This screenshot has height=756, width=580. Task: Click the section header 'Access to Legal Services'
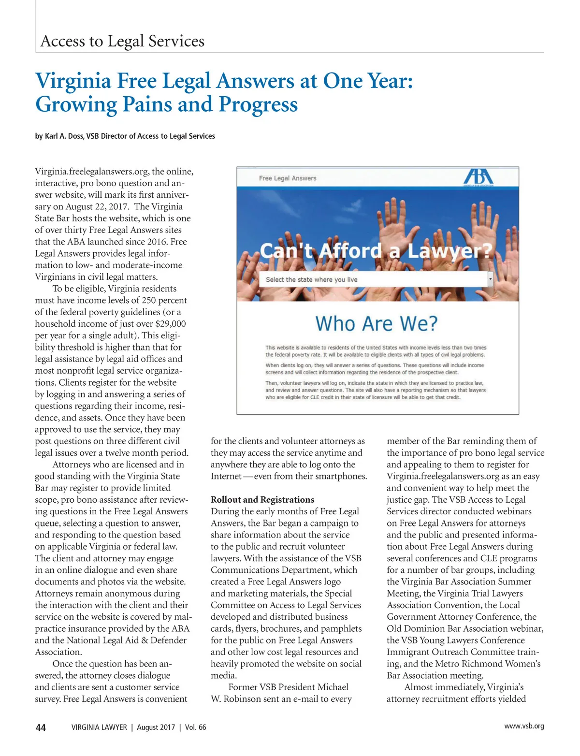122,41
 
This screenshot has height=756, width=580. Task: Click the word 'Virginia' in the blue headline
73,81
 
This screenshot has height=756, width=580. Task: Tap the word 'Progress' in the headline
258,104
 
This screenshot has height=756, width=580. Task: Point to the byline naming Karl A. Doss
125,136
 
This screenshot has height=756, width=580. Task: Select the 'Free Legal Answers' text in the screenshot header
288,178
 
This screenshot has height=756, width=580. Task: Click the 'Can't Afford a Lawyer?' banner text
376,251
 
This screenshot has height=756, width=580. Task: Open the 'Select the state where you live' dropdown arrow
490,279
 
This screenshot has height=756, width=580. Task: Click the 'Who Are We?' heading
376,323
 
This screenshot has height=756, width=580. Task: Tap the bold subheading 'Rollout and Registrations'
262,500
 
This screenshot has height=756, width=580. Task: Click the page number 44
41,727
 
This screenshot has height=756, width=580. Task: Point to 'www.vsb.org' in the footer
524,726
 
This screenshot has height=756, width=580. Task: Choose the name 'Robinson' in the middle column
241,699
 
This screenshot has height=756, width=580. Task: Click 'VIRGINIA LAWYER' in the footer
99,727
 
